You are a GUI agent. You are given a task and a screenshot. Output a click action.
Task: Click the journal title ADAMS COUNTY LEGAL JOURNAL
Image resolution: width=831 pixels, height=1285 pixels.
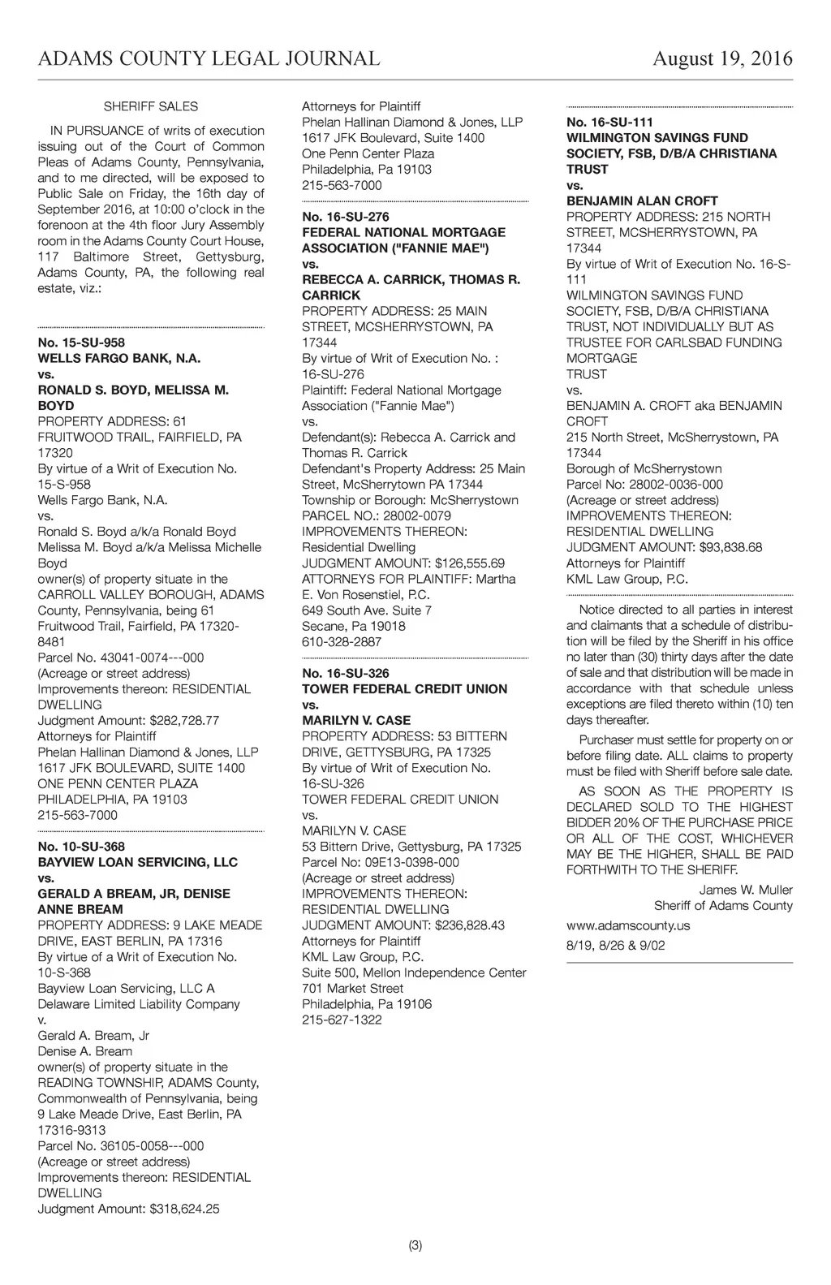tap(209, 59)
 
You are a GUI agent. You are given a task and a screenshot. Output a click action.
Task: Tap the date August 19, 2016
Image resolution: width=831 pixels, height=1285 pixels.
tap(722, 59)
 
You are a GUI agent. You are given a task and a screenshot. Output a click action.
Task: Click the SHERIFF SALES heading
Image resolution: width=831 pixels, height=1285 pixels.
tap(151, 106)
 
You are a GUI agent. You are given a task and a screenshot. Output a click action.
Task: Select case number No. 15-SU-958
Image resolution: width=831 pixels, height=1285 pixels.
tap(81, 343)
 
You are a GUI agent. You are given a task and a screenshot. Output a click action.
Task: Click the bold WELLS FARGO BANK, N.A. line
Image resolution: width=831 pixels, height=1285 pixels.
tap(119, 358)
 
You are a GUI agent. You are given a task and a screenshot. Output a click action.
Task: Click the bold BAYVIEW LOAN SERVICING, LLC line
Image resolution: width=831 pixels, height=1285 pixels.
tap(138, 862)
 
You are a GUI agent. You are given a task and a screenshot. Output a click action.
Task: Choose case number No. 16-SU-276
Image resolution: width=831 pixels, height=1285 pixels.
tap(346, 217)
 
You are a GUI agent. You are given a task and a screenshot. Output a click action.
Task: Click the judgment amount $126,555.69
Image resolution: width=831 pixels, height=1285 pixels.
tap(470, 563)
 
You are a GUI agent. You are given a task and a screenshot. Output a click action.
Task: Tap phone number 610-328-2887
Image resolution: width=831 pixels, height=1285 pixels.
tap(342, 642)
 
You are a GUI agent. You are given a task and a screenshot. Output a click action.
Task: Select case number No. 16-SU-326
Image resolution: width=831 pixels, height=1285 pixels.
tap(346, 673)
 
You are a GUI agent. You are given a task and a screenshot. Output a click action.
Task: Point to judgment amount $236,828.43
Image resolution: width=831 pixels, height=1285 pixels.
tap(470, 925)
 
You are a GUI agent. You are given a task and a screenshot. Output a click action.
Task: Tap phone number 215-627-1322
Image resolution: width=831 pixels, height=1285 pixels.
tap(342, 1020)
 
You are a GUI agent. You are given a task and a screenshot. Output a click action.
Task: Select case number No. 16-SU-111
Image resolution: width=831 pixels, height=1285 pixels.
tap(609, 122)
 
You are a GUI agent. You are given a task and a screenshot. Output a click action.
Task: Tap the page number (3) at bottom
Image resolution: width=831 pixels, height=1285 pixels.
tap(415, 1246)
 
